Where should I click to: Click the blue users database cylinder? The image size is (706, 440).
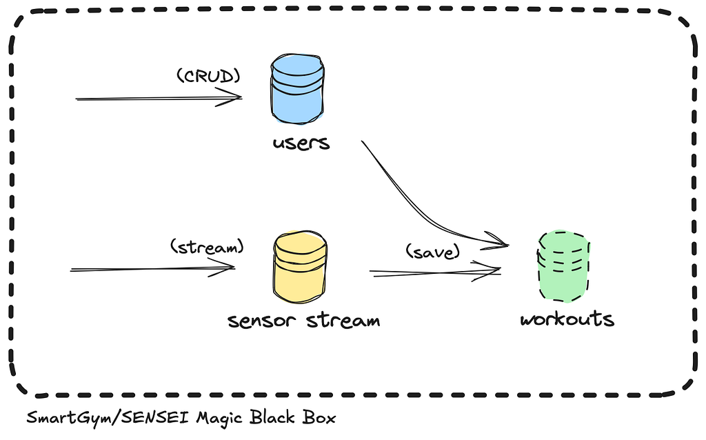coord(297,89)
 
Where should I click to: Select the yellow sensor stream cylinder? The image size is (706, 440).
coord(301,268)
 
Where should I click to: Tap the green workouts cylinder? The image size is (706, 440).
coord(563,266)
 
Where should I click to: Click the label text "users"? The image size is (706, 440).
coord(301,143)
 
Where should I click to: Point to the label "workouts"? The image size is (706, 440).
coord(567,319)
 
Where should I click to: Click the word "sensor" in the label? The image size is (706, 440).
coord(262,321)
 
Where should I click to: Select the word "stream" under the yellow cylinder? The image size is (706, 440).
coord(343,320)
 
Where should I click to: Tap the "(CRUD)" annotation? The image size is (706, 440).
coord(208,76)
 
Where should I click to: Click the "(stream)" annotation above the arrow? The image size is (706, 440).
coord(207,246)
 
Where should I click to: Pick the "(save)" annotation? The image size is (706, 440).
coord(433,251)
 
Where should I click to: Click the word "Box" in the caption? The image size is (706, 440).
coord(319,417)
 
